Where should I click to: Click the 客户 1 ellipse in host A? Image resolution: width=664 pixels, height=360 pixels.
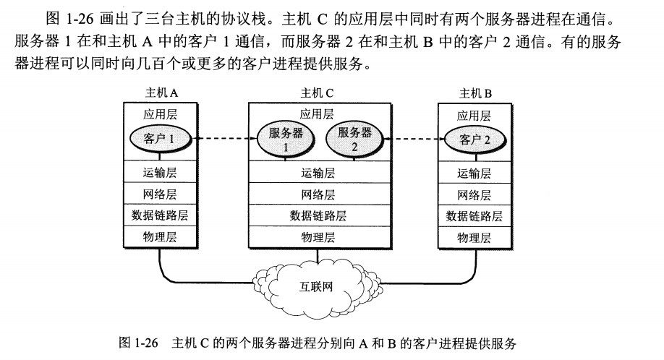(160, 139)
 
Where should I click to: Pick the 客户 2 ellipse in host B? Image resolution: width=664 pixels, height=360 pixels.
(474, 140)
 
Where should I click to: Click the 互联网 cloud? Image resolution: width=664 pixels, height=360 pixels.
(318, 285)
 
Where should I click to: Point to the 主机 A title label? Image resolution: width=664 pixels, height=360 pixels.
(161, 93)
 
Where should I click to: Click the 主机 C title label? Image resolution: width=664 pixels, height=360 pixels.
(318, 93)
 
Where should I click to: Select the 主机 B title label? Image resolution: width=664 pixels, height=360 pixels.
(475, 93)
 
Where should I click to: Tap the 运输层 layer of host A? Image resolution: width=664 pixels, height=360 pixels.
(160, 172)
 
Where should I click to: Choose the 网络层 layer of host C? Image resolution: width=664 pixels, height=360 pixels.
(319, 194)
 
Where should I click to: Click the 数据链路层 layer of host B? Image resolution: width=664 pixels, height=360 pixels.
(474, 216)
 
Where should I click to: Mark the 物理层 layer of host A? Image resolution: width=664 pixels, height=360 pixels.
(160, 237)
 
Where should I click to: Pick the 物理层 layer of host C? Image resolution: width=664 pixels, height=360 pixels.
(319, 237)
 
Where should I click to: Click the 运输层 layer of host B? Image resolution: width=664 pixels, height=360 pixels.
(474, 173)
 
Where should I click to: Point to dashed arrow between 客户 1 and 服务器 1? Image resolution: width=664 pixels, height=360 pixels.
(224, 138)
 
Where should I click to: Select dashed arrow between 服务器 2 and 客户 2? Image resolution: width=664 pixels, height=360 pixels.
(413, 139)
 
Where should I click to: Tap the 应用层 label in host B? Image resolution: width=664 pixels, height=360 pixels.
(474, 116)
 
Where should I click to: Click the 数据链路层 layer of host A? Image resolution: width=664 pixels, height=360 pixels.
(160, 215)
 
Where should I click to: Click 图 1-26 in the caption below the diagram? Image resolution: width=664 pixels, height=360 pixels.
(138, 343)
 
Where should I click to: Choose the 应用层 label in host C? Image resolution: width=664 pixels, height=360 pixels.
(318, 113)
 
